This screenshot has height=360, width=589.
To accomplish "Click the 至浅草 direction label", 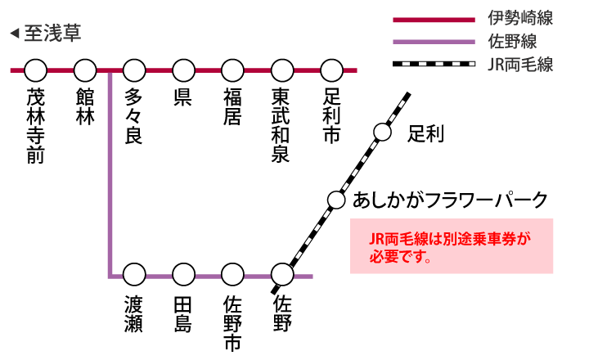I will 52,34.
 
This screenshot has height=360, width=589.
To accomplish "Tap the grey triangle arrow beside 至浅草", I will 15,34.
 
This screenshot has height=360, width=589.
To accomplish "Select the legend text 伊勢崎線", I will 520,18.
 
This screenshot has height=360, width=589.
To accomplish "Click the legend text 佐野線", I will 512,41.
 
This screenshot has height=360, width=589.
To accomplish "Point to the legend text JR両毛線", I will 520,64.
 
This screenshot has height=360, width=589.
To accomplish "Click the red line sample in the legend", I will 434,20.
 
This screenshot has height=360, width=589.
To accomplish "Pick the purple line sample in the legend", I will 434,42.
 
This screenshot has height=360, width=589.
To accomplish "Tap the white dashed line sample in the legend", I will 438,64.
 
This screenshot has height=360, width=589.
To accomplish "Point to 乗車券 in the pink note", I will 489,239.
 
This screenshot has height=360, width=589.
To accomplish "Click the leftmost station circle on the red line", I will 36,70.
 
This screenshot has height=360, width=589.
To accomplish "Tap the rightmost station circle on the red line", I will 331,70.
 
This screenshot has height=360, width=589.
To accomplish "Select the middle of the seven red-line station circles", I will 183,70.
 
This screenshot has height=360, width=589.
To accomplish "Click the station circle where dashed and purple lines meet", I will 282,274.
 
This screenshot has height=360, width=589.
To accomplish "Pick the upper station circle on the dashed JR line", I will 382,132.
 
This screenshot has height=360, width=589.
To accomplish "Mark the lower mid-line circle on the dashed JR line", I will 336,200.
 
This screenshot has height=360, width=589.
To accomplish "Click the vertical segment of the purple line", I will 110,172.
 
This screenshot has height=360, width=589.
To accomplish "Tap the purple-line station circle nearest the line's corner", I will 134,274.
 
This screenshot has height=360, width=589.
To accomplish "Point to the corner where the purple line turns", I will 110,276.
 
